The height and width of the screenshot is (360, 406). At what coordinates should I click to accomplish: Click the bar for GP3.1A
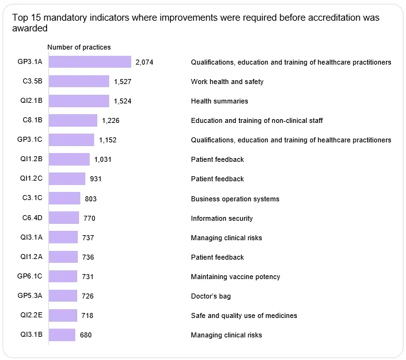coord(90,62)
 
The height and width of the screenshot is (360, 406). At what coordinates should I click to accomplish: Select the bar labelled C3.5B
coord(79,82)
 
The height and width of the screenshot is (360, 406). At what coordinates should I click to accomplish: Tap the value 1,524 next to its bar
coord(122,101)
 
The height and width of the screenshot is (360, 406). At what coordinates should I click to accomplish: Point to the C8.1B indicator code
coord(33,120)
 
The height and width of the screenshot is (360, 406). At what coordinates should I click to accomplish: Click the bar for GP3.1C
coord(72,140)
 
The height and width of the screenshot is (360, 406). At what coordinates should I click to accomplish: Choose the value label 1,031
coord(103,159)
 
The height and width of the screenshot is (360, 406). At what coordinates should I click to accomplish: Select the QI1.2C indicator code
coord(31,178)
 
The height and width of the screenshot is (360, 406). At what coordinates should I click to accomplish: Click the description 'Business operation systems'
coord(235,199)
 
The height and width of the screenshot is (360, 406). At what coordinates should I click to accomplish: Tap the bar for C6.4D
coord(64,218)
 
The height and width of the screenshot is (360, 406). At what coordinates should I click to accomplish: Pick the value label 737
coord(88,238)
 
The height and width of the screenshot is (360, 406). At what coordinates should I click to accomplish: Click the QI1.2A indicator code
coord(31,257)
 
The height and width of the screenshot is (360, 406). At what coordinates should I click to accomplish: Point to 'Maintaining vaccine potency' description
coord(235,277)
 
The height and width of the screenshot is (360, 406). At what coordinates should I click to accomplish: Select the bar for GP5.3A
coord(63,295)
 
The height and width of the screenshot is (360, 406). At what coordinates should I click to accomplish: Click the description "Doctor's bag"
coord(211,296)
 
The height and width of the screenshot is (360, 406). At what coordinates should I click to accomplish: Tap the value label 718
coord(87,315)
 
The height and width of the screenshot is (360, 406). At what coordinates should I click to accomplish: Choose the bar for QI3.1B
coord(62,335)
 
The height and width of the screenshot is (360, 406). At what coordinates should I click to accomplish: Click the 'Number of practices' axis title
coord(79,47)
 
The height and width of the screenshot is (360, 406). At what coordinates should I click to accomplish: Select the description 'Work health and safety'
coord(227,82)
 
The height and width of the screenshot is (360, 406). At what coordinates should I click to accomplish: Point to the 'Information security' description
coord(222,218)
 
